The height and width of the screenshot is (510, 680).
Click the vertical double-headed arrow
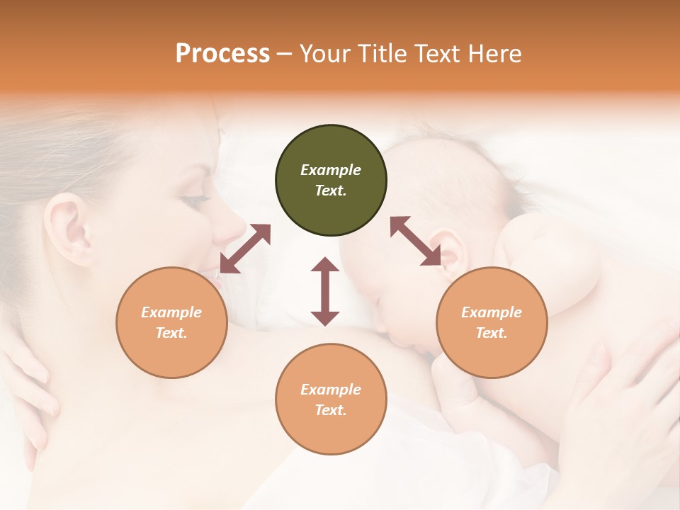(x=325, y=292)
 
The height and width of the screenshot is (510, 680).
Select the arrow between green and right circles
(x=416, y=241)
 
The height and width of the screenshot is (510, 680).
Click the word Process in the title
(x=222, y=53)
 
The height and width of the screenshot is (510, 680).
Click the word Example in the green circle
(x=331, y=170)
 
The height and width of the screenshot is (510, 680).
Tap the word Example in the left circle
(x=171, y=312)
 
